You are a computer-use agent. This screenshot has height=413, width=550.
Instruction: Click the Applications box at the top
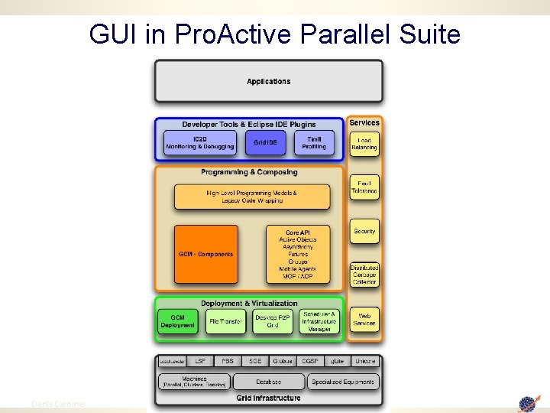pyautogui.click(x=268, y=81)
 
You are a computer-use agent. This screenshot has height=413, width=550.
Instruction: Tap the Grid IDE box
pyautogui.click(x=265, y=143)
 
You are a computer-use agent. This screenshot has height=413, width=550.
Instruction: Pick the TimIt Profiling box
pyautogui.click(x=314, y=143)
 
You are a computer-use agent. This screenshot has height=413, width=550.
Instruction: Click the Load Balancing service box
pyautogui.click(x=364, y=144)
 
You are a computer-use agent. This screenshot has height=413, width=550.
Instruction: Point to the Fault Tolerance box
pyautogui.click(x=364, y=188)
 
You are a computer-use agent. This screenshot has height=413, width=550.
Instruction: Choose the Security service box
pyautogui.click(x=364, y=232)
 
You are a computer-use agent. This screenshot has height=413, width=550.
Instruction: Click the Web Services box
pyautogui.click(x=364, y=319)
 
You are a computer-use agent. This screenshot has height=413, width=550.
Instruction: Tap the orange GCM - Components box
pyautogui.click(x=205, y=254)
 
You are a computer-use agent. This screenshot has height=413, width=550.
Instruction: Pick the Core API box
pyautogui.click(x=297, y=254)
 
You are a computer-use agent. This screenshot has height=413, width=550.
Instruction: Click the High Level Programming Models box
pyautogui.click(x=252, y=197)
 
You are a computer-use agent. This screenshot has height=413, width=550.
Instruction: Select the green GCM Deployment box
pyautogui.click(x=177, y=321)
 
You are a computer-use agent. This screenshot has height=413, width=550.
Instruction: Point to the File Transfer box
pyautogui.click(x=225, y=322)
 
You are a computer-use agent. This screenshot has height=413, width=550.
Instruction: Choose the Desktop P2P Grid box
pyautogui.click(x=273, y=321)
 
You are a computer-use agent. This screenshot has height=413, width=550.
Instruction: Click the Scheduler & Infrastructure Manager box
pyautogui.click(x=319, y=321)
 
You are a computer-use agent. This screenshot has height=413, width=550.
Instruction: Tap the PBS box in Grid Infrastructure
pyautogui.click(x=228, y=360)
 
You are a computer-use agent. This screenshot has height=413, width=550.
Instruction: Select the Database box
pyautogui.click(x=268, y=381)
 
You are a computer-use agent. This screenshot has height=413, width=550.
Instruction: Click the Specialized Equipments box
pyautogui.click(x=343, y=381)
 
